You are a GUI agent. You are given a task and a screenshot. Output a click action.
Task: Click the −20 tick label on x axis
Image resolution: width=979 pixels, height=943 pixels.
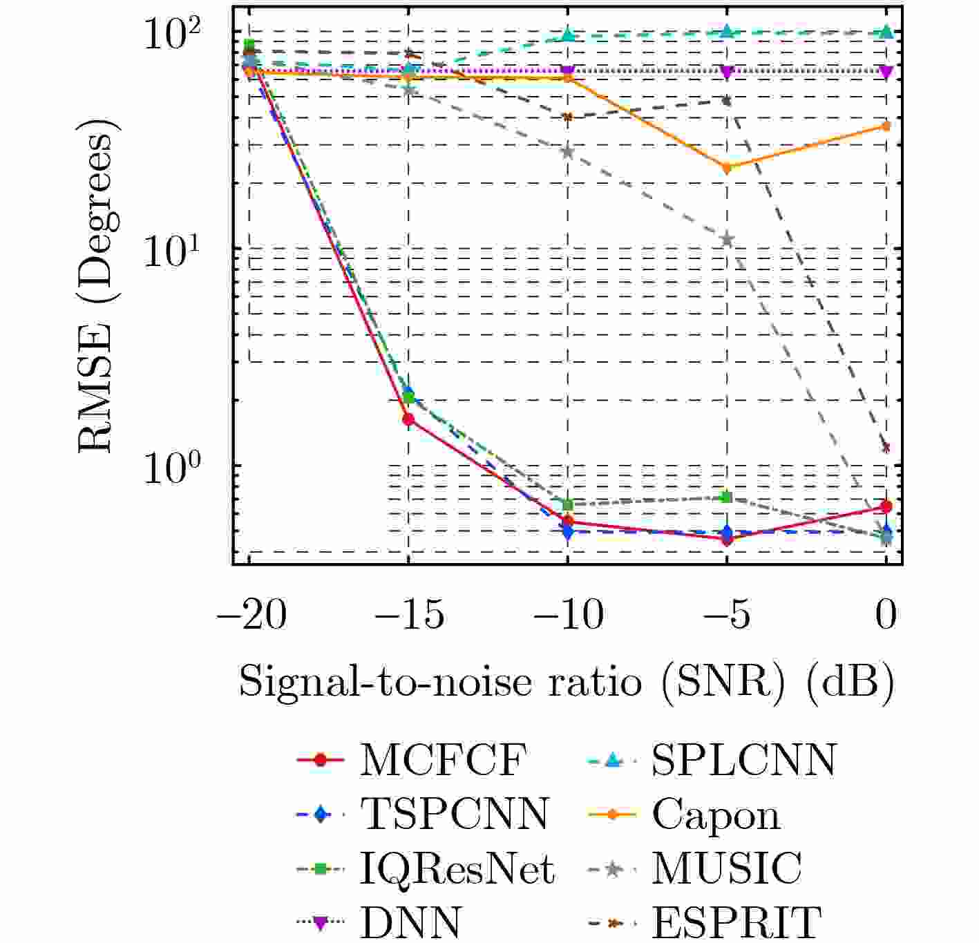pos(251,614)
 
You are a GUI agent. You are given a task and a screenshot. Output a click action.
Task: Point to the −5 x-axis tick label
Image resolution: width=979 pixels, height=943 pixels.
pos(726,614)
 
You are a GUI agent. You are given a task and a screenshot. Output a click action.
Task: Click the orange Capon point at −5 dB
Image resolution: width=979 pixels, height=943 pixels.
pos(726,167)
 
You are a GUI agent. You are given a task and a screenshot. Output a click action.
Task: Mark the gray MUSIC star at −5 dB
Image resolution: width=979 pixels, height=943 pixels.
pos(726,240)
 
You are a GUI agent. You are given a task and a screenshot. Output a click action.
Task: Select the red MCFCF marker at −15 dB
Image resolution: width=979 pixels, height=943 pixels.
pos(408,419)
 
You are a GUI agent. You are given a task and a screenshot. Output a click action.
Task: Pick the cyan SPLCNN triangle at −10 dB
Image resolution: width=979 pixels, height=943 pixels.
pos(568,35)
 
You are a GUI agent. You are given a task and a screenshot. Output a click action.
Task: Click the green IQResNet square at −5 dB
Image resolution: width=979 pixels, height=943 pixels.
pos(725,497)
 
